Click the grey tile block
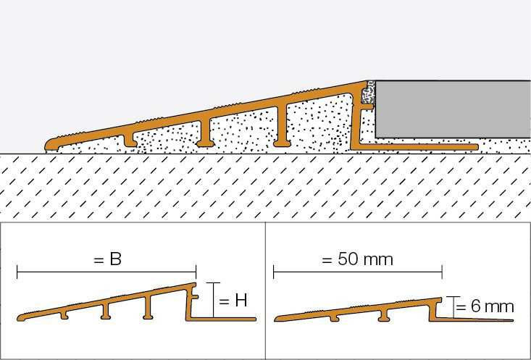(x=453, y=109)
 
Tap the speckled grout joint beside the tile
(x=369, y=93)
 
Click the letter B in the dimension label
(x=115, y=259)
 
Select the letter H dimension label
(x=241, y=301)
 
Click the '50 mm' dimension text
(x=365, y=260)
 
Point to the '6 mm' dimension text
(x=493, y=306)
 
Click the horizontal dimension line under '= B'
(x=106, y=272)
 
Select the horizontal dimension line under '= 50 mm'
(x=358, y=272)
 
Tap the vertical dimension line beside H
(x=214, y=300)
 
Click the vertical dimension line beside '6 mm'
(x=453, y=308)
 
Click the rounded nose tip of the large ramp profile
(x=47, y=145)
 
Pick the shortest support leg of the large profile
(x=130, y=141)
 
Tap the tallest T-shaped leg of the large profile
(x=282, y=125)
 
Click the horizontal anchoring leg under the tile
(x=417, y=147)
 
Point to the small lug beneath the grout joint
(x=367, y=106)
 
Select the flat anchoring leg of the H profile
(x=222, y=319)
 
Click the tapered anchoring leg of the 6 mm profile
(x=474, y=319)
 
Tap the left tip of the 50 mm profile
(x=276, y=319)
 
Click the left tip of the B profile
(x=19, y=318)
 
